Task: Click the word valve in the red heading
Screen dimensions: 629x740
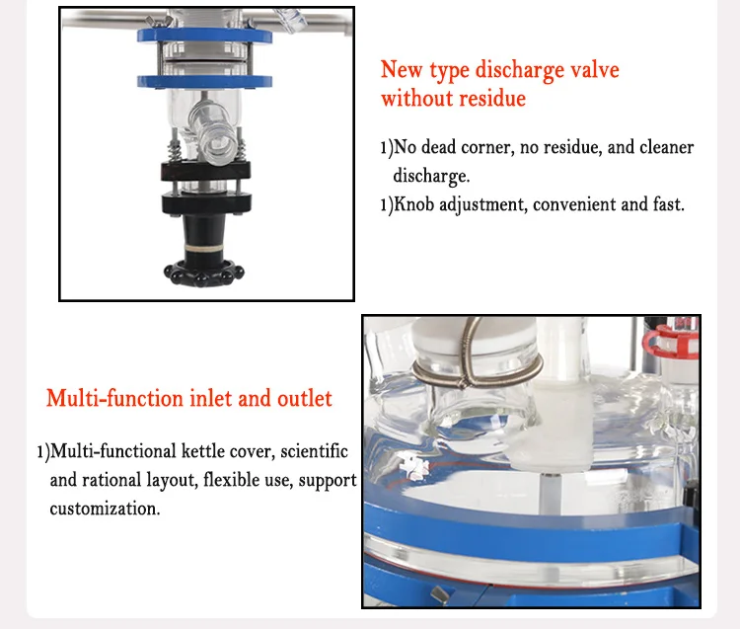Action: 592,71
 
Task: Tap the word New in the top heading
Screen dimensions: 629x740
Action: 401,71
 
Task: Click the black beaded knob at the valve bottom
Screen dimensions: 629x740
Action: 204,272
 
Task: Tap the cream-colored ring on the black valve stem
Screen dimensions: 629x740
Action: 204,241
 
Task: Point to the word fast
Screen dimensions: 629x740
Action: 664,205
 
